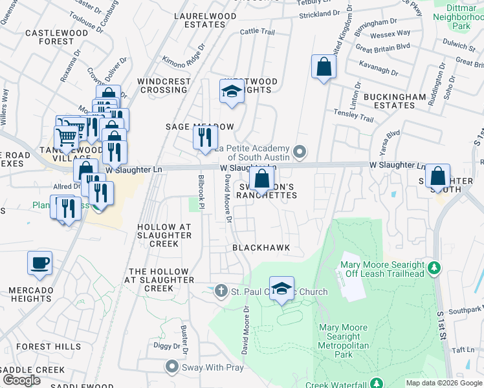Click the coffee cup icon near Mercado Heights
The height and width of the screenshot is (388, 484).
pos(39,264)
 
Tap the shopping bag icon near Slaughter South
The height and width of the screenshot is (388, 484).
pos(437,177)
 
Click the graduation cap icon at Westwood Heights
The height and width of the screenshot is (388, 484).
pos(231,92)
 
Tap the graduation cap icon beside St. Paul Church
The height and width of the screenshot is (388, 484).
pos(281,289)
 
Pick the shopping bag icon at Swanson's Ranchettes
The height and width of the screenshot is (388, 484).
pos(261,179)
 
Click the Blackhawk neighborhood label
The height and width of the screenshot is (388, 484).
pos(261,248)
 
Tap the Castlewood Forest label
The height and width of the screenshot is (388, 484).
pos(49,37)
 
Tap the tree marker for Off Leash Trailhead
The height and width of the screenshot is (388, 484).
pos(435,267)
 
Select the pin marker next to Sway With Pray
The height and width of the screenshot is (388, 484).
pos(171,367)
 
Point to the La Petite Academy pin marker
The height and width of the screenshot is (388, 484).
pos(299,153)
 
